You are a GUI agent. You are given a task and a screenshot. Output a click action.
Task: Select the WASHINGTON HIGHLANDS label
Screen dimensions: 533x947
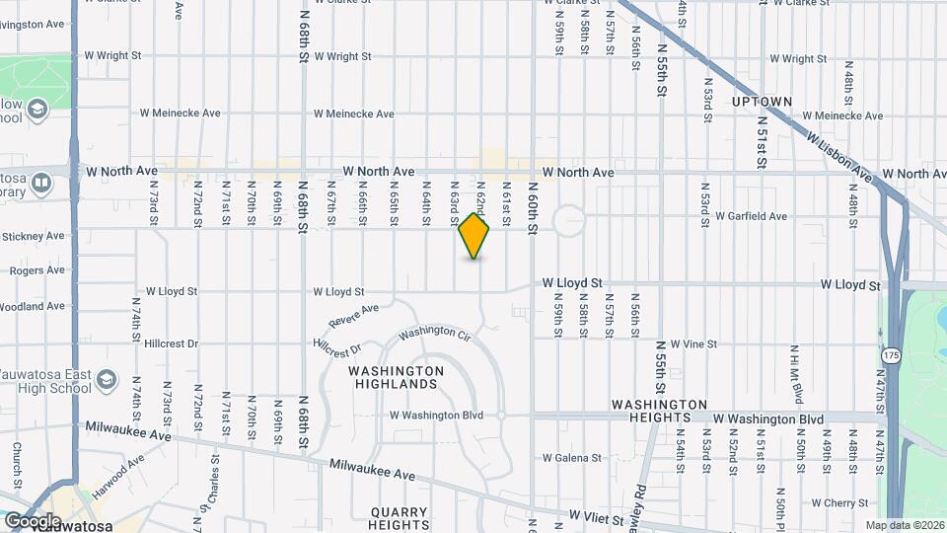coord(393,377)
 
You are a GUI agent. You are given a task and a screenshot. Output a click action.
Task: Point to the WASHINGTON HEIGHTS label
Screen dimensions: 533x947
coord(659,412)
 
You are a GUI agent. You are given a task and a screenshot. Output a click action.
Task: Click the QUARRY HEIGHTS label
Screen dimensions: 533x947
coord(400,519)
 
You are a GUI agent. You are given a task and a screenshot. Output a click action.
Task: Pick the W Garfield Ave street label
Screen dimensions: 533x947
coord(751,216)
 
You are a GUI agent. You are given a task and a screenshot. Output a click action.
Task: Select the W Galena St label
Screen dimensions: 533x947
coord(571,458)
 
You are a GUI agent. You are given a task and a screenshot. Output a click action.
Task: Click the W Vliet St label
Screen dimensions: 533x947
coord(598,516)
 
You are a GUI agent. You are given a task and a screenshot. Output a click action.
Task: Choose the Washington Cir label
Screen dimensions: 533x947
coord(435,333)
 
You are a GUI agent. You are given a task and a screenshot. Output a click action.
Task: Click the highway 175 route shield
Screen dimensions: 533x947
coord(892,353)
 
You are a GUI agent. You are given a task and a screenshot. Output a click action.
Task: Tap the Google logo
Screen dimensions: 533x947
coord(33,520)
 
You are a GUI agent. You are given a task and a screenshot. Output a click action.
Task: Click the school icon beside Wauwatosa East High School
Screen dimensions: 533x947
coord(108,378)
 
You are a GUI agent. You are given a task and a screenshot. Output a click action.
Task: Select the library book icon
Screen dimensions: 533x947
coord(41,183)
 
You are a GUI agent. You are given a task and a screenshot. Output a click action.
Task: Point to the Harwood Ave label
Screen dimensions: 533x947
coord(126,466)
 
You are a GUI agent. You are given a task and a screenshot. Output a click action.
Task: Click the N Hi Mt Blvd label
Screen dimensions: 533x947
coord(794,375)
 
